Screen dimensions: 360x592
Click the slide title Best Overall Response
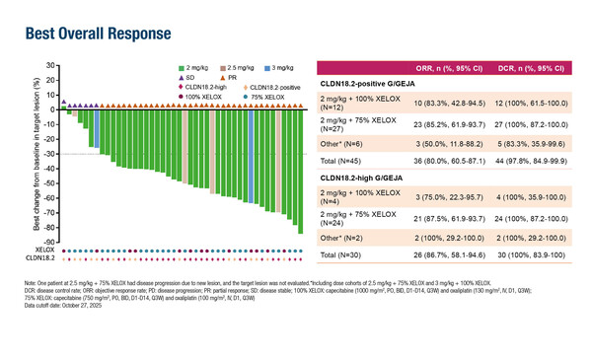click(x=87, y=36)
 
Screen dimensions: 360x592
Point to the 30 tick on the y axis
click(x=48, y=66)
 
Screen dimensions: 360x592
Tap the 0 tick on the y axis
click(x=50, y=109)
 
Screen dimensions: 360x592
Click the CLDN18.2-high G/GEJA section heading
click(x=367, y=177)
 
